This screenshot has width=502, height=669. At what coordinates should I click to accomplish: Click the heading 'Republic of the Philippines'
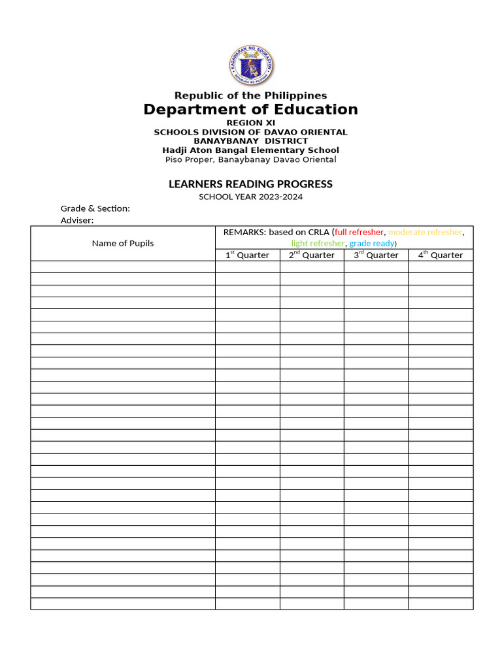[250, 95]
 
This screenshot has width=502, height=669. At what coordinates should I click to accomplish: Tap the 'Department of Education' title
[250, 110]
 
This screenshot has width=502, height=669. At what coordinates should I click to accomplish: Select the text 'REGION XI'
[250, 123]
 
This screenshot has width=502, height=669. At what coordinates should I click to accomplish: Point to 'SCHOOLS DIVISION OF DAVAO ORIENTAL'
[250, 132]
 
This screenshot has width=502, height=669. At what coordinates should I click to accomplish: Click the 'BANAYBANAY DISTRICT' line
[250, 141]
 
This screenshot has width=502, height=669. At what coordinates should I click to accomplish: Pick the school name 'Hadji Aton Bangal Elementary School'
[250, 150]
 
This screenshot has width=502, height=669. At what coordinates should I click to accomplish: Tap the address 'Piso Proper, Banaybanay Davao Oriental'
[250, 159]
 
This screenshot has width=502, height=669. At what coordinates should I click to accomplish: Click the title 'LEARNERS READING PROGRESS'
[250, 184]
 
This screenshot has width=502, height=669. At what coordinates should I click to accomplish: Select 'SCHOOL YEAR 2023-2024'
[250, 197]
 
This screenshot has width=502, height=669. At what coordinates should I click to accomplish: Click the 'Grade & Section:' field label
[95, 208]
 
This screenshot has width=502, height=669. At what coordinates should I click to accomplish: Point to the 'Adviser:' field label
[77, 220]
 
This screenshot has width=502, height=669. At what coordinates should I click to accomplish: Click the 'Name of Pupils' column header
[123, 243]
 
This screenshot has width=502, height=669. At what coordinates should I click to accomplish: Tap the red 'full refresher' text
[359, 232]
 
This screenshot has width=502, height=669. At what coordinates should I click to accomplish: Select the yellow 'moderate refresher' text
[425, 232]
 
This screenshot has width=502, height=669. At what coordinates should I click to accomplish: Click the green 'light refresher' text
[318, 243]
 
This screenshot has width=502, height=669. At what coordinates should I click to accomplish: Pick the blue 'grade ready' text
[371, 243]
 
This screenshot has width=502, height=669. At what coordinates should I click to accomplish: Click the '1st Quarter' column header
[247, 255]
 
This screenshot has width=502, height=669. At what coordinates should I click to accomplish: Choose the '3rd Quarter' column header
[376, 255]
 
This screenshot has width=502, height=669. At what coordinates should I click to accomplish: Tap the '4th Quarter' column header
[441, 255]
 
